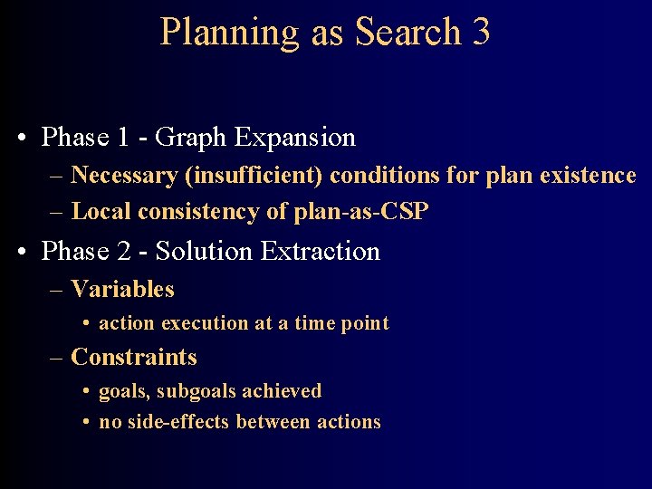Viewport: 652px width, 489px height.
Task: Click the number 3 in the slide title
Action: click(480, 33)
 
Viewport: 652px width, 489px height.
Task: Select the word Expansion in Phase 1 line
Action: click(294, 138)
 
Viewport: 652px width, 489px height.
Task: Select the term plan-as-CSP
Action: click(361, 212)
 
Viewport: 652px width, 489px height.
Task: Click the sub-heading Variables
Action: click(122, 290)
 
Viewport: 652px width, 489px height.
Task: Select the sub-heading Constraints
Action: click(133, 358)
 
